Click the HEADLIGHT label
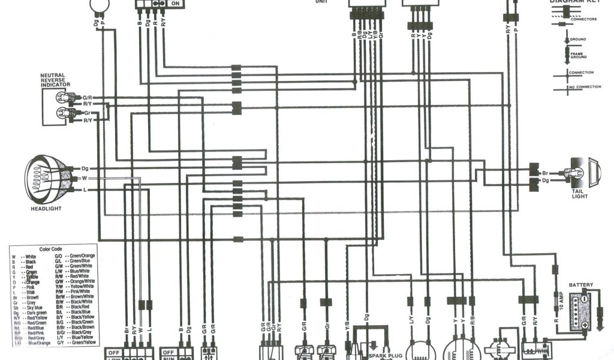click(46, 209)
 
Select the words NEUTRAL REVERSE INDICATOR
click(56, 80)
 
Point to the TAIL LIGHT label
click(580, 193)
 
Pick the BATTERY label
click(581, 284)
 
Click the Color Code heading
click(50, 249)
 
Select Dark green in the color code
click(35, 313)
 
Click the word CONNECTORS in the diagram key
click(583, 19)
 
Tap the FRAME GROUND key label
click(578, 55)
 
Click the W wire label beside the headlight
click(85, 178)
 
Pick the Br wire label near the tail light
click(546, 172)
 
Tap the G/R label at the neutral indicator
click(88, 97)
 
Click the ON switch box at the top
click(175, 4)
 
